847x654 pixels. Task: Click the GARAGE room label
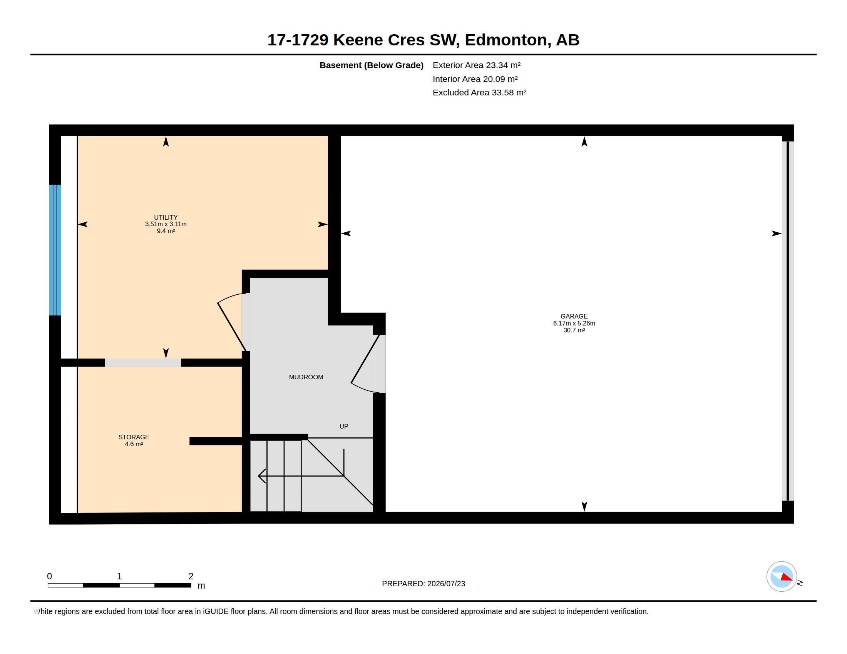pyautogui.click(x=574, y=316)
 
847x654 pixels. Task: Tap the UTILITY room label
pyautogui.click(x=166, y=217)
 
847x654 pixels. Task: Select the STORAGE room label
pyautogui.click(x=134, y=437)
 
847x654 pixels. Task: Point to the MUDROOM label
pyautogui.click(x=306, y=377)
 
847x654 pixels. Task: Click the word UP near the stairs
pyautogui.click(x=343, y=426)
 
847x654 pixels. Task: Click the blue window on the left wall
pyautogui.click(x=55, y=250)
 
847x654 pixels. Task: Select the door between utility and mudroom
pyautogui.click(x=233, y=322)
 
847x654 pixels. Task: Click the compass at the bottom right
pyautogui.click(x=782, y=576)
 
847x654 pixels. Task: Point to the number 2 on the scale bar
pyautogui.click(x=191, y=576)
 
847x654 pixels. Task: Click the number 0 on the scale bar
pyautogui.click(x=49, y=576)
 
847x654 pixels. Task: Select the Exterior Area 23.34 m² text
pyautogui.click(x=476, y=65)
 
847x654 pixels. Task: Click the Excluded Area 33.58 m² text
pyautogui.click(x=479, y=93)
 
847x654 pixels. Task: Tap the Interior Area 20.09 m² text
pyautogui.click(x=475, y=79)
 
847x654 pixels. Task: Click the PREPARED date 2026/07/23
pyautogui.click(x=446, y=584)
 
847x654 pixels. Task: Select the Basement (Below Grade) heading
pyautogui.click(x=371, y=65)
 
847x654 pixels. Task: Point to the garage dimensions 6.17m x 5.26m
pyautogui.click(x=574, y=323)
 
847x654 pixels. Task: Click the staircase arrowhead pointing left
pyautogui.click(x=262, y=476)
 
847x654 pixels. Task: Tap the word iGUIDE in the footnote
pyautogui.click(x=215, y=611)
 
